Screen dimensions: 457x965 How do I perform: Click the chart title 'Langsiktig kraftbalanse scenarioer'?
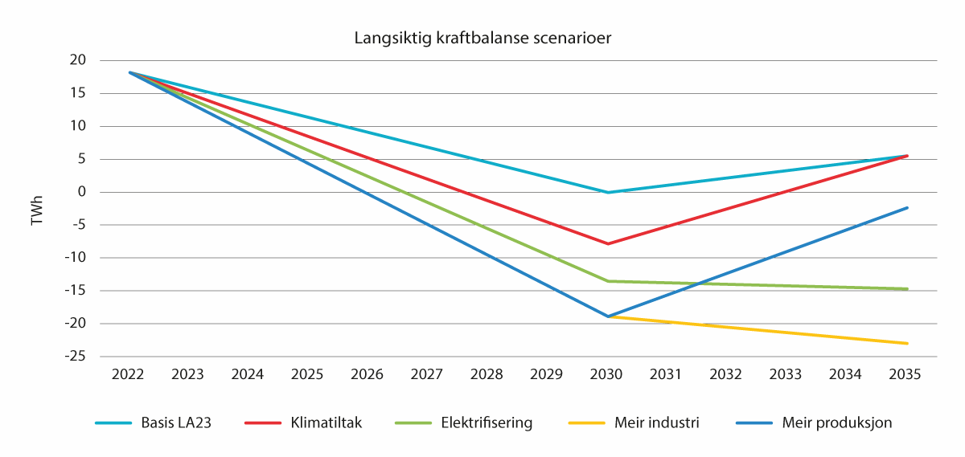point(483,38)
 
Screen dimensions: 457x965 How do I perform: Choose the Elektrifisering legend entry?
point(486,423)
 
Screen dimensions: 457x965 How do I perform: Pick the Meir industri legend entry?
point(655,423)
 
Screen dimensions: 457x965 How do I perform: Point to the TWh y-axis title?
point(37,208)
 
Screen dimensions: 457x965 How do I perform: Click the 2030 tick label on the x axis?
point(607,374)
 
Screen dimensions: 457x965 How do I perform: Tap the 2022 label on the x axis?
point(129,374)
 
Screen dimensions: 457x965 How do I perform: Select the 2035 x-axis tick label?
point(906,374)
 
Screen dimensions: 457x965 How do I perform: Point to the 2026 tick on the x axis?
point(368,374)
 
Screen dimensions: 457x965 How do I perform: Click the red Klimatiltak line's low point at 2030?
point(607,243)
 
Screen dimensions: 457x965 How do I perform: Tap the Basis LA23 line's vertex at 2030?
point(607,192)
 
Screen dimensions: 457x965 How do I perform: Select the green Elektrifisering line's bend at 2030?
point(607,281)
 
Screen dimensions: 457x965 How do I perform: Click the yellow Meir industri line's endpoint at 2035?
point(907,344)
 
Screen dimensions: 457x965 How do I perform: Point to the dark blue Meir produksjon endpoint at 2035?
point(907,208)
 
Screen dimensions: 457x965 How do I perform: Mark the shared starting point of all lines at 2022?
point(130,72)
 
